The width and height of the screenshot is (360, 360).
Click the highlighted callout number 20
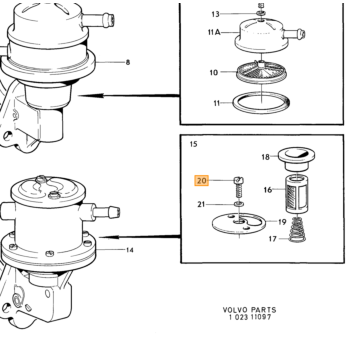202,181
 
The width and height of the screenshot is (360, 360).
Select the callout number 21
201,204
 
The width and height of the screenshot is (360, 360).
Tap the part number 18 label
265,157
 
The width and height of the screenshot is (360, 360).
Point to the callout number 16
268,190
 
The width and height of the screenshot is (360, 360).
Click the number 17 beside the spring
273,239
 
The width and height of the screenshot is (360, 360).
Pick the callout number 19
282,222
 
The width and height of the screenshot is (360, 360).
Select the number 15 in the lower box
193,144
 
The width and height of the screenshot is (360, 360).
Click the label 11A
214,32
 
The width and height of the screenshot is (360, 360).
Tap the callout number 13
215,14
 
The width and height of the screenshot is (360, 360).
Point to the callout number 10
214,72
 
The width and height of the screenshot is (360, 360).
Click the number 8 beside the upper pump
128,62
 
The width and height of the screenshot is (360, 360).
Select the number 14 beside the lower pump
130,250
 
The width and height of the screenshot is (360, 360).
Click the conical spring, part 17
298,230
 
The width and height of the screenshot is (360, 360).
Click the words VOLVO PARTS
250,310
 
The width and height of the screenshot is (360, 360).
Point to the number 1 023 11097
250,317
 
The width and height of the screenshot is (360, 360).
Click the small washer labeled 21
239,204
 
